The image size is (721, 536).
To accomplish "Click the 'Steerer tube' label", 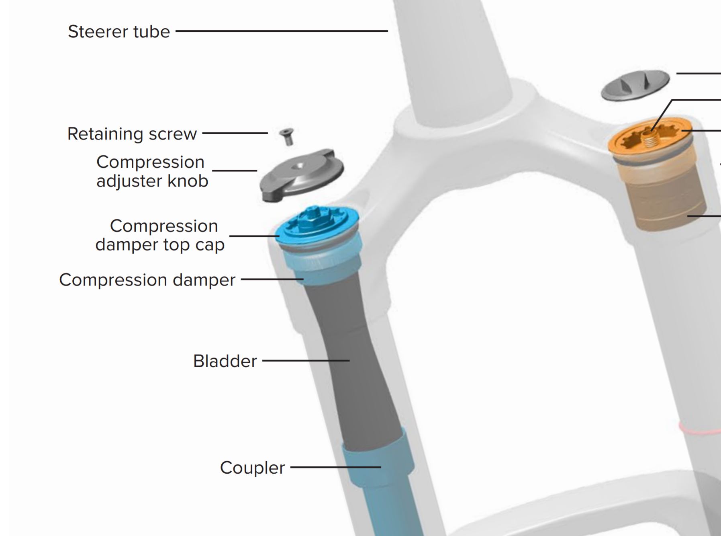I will pos(119,31).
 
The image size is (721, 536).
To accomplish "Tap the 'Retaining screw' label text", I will pos(132,134).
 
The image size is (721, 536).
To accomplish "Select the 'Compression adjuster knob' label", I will pos(152,171).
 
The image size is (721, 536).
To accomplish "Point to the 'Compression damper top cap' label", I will pos(160,235).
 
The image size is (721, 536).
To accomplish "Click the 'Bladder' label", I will pos(225,361).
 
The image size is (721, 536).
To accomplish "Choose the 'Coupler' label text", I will pos(252,468).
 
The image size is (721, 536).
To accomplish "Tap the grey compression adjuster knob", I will pos(301,175).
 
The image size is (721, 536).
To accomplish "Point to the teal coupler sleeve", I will pos(378,462).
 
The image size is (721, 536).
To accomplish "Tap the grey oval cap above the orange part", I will pos(635,85).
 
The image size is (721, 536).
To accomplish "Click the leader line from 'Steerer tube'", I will pos(281,31).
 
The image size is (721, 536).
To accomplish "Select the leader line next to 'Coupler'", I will pos(335,467).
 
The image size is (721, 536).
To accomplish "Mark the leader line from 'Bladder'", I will pos(305,361).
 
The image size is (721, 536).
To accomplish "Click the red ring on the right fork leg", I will pos(699,429).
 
